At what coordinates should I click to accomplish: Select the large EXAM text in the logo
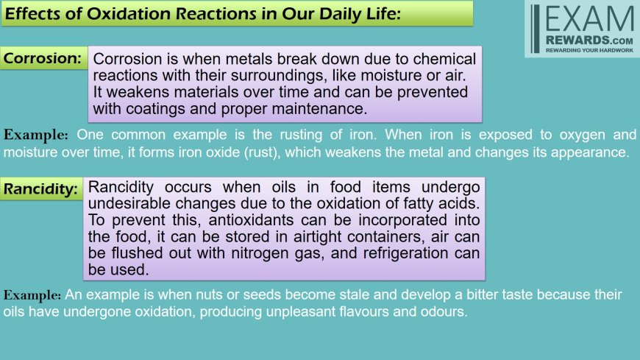tap(589, 19)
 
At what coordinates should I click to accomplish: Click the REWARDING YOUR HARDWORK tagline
tap(589, 50)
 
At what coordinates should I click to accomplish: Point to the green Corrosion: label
tap(43, 58)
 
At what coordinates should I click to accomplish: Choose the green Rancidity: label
tap(40, 188)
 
